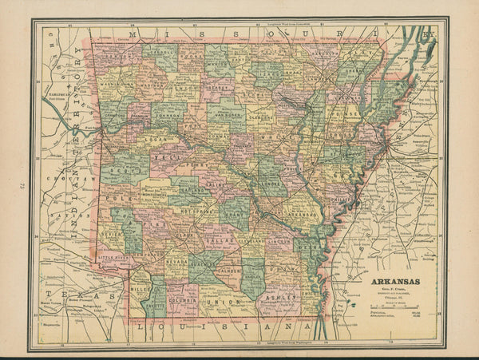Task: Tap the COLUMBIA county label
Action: pyautogui.click(x=181, y=301)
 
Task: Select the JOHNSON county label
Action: pyautogui.click(x=168, y=114)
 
